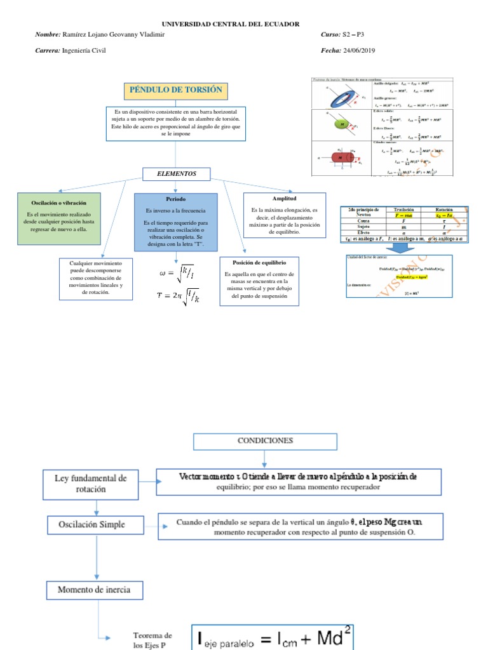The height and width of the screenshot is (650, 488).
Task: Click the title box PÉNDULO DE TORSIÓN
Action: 175,90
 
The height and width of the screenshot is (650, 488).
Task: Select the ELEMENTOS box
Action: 177,173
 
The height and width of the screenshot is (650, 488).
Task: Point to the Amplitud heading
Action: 283,198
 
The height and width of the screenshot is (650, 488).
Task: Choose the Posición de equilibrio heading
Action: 259,262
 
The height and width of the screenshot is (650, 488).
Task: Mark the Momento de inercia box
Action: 93,590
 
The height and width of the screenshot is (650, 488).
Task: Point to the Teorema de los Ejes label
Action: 152,640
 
